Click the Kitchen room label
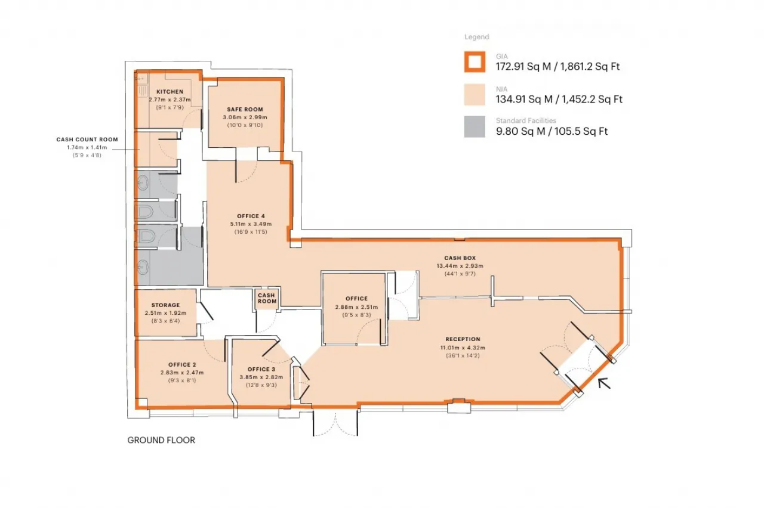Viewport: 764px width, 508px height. coord(170,92)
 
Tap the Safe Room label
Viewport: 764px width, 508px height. coord(245,109)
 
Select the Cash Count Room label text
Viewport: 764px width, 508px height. coord(87,140)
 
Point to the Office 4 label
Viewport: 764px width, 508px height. coord(251,216)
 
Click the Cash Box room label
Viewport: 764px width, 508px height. coord(460,258)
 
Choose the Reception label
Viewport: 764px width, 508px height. coord(463,339)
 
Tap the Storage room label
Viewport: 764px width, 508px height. coord(165,305)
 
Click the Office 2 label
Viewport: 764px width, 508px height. coord(182,364)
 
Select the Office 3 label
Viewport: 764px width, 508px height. coord(261,369)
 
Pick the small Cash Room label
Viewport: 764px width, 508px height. coord(267,298)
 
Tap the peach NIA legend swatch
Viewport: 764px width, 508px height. coord(475,94)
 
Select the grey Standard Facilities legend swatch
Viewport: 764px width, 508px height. coord(475,127)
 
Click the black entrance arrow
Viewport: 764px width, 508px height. coord(604,383)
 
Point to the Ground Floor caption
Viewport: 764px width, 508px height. coord(161,440)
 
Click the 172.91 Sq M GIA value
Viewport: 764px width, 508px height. coord(523,66)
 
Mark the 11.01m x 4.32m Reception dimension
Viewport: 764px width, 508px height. coord(463,348)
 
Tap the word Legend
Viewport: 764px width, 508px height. coord(476,37)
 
